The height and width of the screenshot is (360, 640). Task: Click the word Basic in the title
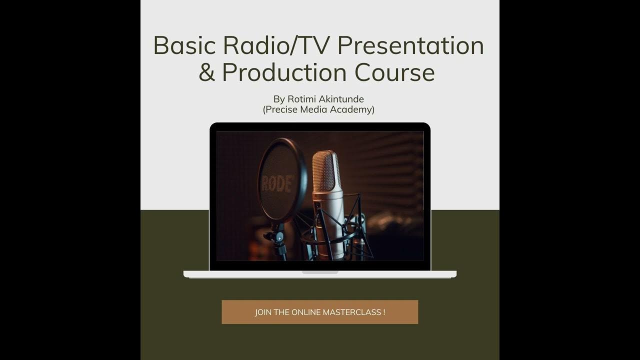185,45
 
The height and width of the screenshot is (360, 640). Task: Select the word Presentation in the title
410,45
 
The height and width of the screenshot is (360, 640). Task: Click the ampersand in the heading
206,72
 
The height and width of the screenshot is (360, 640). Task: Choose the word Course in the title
394,72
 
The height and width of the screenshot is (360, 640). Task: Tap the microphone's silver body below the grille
328,220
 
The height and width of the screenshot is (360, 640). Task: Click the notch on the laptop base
320,272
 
